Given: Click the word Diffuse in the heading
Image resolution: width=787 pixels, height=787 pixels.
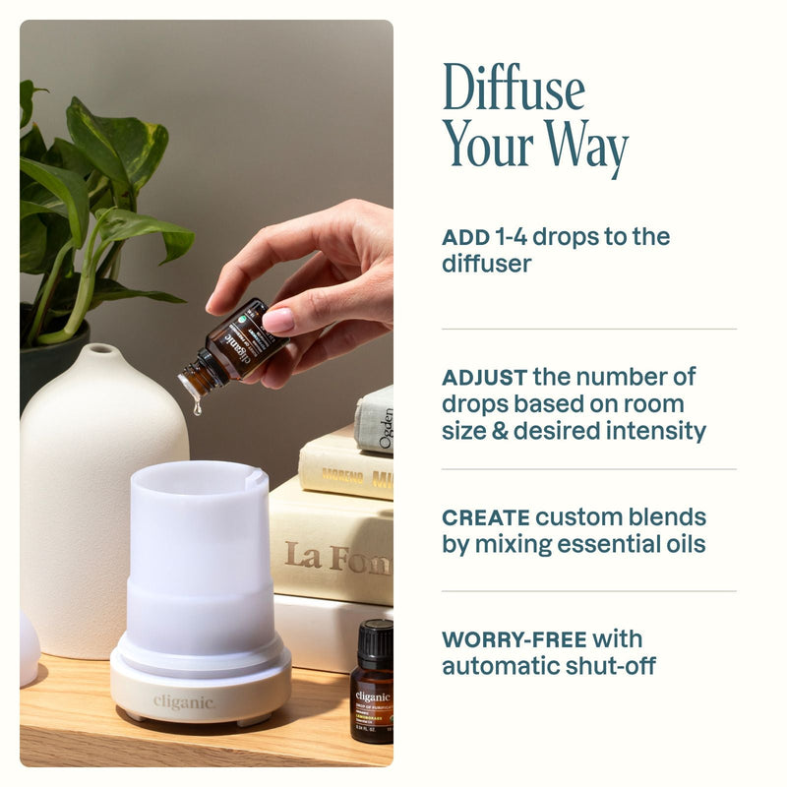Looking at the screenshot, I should [x=514, y=88].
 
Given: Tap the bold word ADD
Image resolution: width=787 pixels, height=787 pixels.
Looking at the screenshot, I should [x=458, y=237].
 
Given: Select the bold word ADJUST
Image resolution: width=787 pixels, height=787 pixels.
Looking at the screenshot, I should [x=483, y=378].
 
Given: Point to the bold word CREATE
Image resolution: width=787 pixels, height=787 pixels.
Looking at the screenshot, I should [x=485, y=517].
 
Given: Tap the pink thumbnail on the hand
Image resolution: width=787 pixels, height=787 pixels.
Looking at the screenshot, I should [x=278, y=321].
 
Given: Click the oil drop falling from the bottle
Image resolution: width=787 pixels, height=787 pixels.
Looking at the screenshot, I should [x=197, y=405].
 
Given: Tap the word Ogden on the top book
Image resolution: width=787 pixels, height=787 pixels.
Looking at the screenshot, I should [x=385, y=428].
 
